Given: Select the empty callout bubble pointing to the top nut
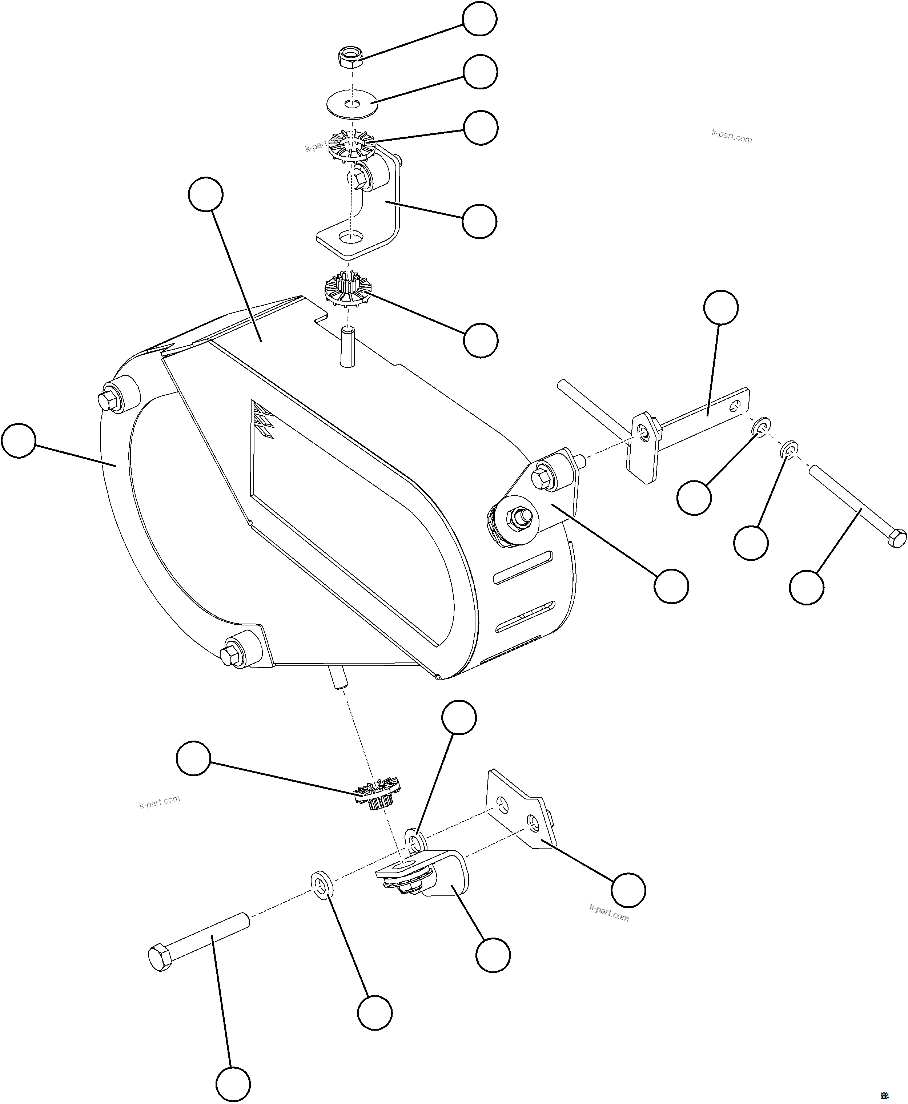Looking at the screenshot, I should pos(480,19).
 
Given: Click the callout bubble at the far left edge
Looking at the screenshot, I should pos(19,441).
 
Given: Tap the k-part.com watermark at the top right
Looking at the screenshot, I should pos(731,137).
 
